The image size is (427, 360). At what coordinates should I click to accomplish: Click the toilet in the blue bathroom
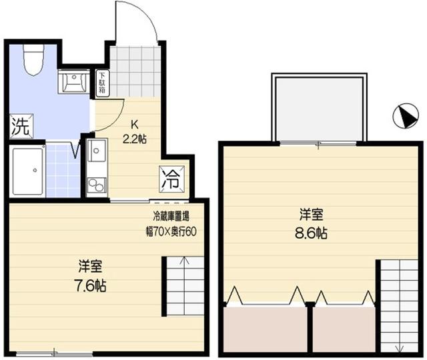(x=34, y=59)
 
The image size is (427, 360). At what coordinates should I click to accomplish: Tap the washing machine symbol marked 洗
(x=21, y=126)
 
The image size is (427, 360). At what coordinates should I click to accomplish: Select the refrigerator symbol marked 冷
(x=172, y=179)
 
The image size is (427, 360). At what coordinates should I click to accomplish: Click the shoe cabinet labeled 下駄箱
(x=102, y=83)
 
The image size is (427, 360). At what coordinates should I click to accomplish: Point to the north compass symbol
(x=406, y=115)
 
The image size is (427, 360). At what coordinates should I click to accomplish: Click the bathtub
(x=27, y=171)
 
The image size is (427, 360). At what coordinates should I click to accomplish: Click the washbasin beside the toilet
(x=73, y=81)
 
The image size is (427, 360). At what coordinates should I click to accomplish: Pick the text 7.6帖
(x=91, y=286)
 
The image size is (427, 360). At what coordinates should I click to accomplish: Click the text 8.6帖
(x=312, y=233)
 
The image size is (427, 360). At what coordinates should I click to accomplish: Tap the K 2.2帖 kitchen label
(x=135, y=132)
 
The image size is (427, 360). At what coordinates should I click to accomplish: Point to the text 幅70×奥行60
(x=171, y=231)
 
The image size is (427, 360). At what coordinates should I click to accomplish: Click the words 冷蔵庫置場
(x=171, y=216)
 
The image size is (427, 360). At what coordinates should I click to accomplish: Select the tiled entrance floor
(x=135, y=71)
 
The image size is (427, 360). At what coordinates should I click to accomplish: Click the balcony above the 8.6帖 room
(x=319, y=109)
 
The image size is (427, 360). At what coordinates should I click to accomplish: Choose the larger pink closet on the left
(x=266, y=329)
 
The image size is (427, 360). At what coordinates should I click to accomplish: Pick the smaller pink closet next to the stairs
(x=344, y=329)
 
